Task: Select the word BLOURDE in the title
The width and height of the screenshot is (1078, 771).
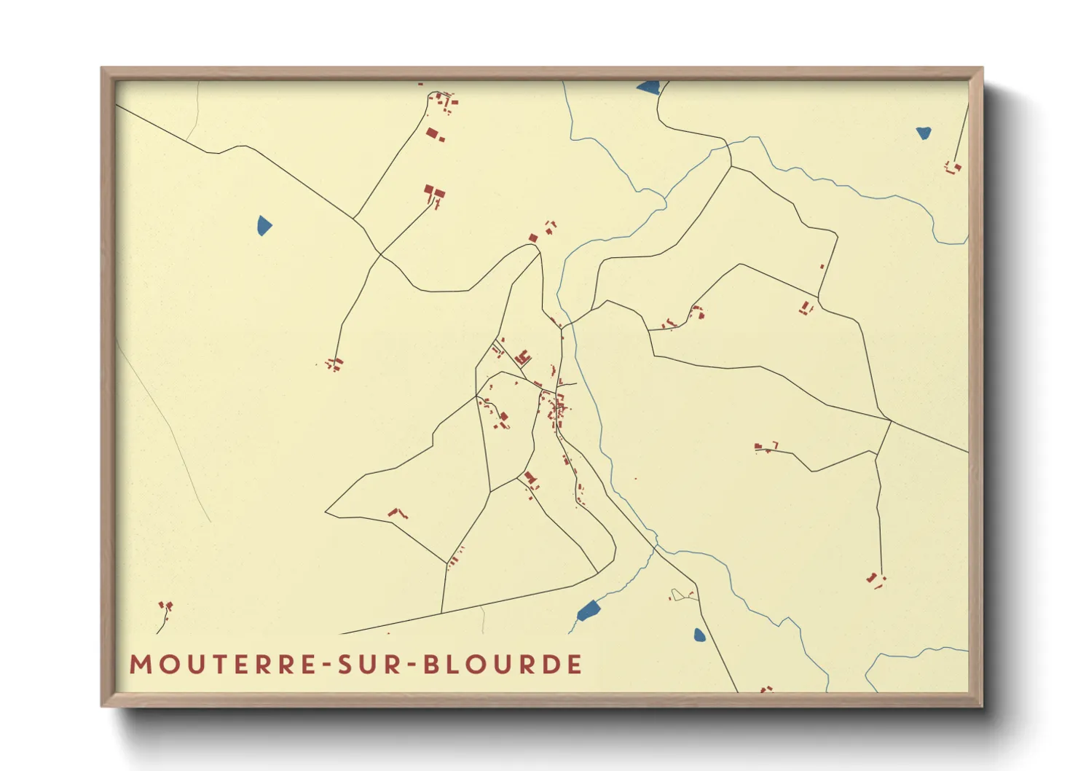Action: [x=503, y=665]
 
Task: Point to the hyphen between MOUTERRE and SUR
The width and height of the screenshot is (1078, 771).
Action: [x=328, y=665]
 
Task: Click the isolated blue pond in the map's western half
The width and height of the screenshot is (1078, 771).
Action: [x=264, y=225]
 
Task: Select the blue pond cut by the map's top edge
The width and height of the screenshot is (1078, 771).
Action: [x=648, y=87]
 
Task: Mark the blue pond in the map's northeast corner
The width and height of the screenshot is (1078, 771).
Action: [x=924, y=133]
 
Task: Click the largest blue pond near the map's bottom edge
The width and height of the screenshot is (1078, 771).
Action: [x=587, y=610]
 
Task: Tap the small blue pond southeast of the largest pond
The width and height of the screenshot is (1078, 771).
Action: [x=699, y=635]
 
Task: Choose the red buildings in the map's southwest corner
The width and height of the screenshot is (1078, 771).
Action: [x=165, y=607]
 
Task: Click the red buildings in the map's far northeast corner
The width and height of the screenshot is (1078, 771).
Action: [x=953, y=168]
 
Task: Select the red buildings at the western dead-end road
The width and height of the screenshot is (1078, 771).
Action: [x=334, y=364]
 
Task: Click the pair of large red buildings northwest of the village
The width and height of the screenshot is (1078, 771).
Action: [x=434, y=193]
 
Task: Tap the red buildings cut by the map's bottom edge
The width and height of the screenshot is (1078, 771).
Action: [x=766, y=689]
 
